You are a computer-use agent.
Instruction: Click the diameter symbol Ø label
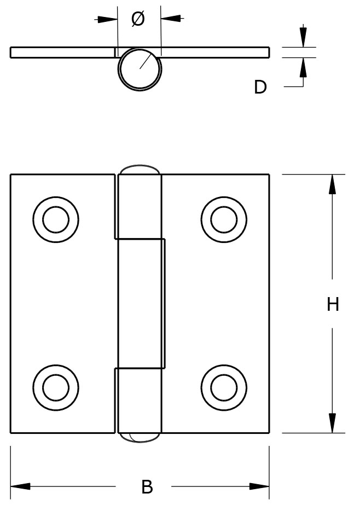point(138,19)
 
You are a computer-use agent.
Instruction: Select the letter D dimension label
point(260,87)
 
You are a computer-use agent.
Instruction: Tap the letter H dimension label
point(333,304)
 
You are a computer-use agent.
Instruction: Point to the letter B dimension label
point(147,486)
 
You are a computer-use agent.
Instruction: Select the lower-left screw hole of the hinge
point(56,387)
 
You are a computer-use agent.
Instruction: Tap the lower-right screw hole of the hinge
point(224,387)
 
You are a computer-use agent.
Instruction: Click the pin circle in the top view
point(140,68)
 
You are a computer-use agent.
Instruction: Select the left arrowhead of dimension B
point(21,486)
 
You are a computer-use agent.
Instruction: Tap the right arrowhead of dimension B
point(259,486)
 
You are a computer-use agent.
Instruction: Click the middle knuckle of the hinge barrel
point(141,303)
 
